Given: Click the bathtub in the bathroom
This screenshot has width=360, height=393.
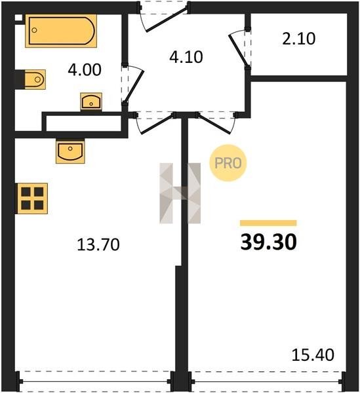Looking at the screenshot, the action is pos(61,31).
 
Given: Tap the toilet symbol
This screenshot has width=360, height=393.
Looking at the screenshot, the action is pos(35,79).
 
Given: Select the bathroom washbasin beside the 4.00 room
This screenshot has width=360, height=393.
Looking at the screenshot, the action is pos(91,102).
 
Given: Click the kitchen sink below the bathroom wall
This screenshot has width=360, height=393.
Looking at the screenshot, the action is pos(70,151).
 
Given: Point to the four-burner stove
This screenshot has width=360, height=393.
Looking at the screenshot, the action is pos(32,198).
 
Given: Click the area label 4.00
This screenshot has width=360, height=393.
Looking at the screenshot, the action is pos(85,69).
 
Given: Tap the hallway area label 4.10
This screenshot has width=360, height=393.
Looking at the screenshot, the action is pos(186,57).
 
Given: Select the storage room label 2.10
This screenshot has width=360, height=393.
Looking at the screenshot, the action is pos(298,39).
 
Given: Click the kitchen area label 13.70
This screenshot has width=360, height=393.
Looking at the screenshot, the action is pos(98,244).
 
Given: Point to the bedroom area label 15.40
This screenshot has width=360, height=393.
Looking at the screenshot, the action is pos(313,354).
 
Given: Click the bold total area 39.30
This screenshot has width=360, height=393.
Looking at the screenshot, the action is pos(268,242).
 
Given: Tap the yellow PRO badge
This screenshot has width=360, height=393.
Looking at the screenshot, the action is pos(228,163).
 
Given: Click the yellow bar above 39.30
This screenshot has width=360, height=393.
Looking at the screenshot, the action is pos(268,223).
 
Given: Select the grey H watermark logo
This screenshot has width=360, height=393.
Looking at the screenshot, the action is pos(180,193).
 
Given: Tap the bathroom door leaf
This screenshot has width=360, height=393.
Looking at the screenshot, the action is pos(134,84).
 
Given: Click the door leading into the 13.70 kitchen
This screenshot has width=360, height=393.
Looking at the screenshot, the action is pos(157,124).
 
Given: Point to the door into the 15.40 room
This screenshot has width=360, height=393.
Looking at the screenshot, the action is pos(214,123).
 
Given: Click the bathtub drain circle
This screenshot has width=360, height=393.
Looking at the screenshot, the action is pos(34,30).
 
